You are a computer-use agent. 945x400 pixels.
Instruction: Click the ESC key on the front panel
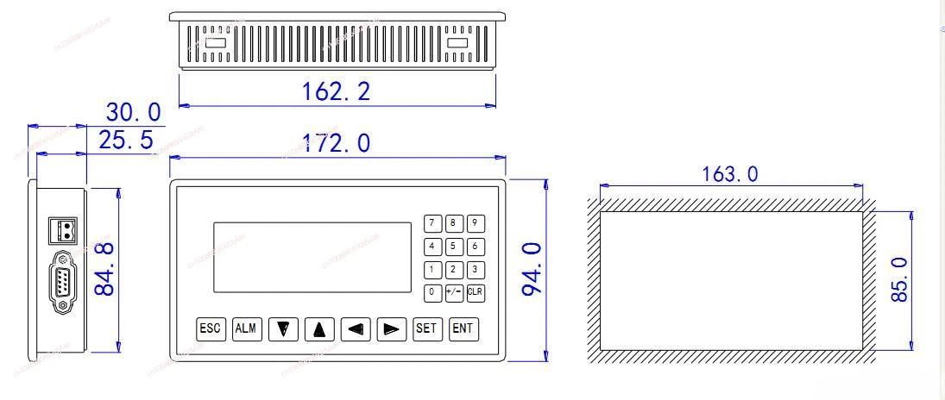[x=211, y=328]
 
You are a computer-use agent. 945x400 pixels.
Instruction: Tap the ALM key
[x=247, y=328]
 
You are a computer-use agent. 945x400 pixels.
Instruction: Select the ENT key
[x=463, y=328]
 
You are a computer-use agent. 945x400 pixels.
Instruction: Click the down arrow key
[x=283, y=329]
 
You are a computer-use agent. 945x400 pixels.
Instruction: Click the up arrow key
[x=319, y=329]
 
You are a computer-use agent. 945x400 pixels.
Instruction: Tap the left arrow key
[x=356, y=329]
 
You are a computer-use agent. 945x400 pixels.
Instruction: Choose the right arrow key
[x=392, y=329]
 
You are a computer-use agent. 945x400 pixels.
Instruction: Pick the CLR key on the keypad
[x=475, y=292]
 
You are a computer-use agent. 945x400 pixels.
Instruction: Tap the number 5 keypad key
[x=454, y=247]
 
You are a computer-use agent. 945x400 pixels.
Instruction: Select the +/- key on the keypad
[x=454, y=292]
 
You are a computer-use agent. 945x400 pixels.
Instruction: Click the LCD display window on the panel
[x=312, y=257]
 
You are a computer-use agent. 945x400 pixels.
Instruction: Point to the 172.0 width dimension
[x=337, y=143]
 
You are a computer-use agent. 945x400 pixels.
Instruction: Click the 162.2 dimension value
[x=337, y=91]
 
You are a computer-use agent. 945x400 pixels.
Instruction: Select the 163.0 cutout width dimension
[x=730, y=174]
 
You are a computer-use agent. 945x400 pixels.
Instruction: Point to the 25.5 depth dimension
[x=125, y=141]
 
